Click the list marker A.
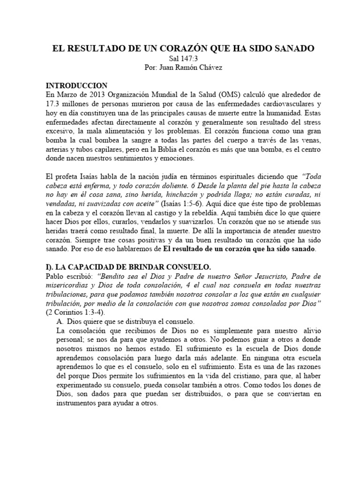(59, 321)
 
